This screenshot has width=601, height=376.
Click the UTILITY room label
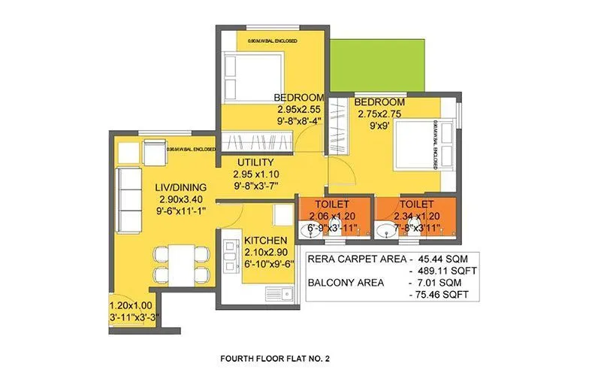(x=254, y=162)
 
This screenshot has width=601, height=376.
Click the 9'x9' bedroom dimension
(x=379, y=126)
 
